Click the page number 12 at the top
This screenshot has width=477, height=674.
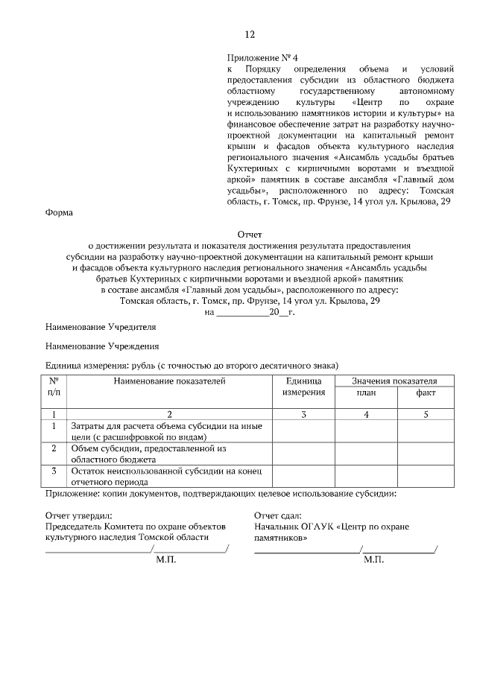click(250, 34)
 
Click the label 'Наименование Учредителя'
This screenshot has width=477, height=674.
click(101, 327)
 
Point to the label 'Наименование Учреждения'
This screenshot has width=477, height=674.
click(102, 346)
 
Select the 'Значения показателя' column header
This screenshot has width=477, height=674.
click(394, 381)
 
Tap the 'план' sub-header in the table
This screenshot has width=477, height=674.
click(365, 392)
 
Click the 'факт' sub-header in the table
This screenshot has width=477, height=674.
click(426, 392)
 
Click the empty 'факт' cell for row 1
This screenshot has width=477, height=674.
click(426, 431)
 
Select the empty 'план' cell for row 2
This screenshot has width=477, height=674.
click(365, 454)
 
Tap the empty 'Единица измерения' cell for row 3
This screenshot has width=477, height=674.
click(303, 476)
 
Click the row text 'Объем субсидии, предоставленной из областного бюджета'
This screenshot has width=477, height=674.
click(148, 454)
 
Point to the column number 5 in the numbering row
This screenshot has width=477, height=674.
click(426, 414)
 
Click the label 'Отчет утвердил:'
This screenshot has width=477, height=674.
click(78, 515)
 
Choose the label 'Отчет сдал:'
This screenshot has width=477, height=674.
click(277, 515)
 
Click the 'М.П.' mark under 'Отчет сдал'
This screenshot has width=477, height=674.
click(373, 559)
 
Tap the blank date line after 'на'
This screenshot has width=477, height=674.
click(241, 313)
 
